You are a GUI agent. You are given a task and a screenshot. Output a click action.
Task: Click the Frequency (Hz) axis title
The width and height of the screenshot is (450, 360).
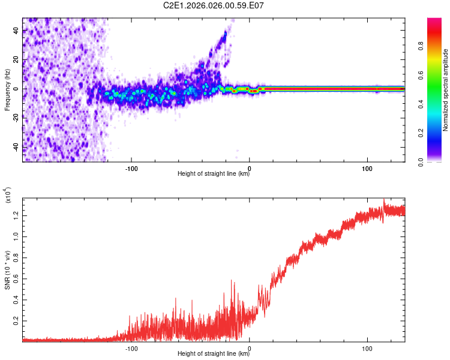(7, 90)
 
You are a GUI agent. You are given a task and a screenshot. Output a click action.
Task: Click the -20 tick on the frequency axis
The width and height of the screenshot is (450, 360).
(16, 118)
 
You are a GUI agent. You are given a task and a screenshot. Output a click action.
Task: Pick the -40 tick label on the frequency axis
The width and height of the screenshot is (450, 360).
(16, 147)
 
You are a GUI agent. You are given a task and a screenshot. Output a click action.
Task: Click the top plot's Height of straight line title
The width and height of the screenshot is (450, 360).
(214, 174)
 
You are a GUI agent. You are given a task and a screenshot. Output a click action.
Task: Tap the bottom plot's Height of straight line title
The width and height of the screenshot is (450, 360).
(214, 354)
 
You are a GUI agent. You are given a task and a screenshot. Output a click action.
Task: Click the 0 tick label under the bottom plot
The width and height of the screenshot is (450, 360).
(250, 347)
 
